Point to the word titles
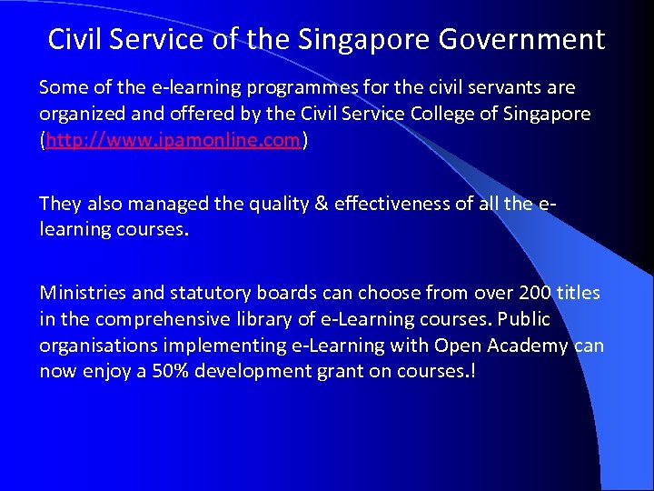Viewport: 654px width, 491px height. point(578,293)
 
